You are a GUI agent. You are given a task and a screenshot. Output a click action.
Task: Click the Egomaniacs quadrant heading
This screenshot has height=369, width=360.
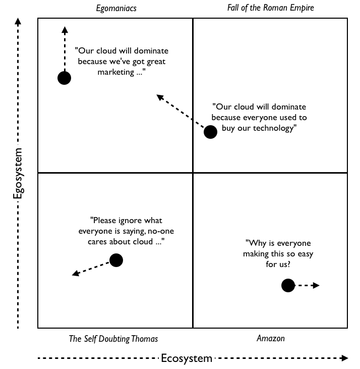[x=116, y=8]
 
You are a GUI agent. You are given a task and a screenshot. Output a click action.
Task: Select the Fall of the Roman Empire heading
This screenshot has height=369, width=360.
[x=270, y=8]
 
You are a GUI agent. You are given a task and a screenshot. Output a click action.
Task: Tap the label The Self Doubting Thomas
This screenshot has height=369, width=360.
[x=113, y=339]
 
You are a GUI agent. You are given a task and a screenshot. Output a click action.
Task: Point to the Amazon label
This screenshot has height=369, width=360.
[x=270, y=339]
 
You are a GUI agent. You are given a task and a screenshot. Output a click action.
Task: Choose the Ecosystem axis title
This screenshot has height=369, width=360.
[x=187, y=358]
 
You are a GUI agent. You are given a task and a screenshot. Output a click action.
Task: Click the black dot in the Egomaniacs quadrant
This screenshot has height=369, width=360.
[x=64, y=78]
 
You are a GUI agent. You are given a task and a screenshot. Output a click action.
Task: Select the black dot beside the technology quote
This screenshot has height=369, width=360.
[x=210, y=132]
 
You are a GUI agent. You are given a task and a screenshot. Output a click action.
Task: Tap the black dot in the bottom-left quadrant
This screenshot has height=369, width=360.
[x=116, y=260]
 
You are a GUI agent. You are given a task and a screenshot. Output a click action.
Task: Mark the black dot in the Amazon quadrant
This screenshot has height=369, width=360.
[x=288, y=286]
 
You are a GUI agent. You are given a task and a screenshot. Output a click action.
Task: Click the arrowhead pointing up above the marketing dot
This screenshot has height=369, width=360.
[x=64, y=29]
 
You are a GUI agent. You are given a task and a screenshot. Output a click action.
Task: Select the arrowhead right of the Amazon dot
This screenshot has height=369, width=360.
[x=316, y=286]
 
